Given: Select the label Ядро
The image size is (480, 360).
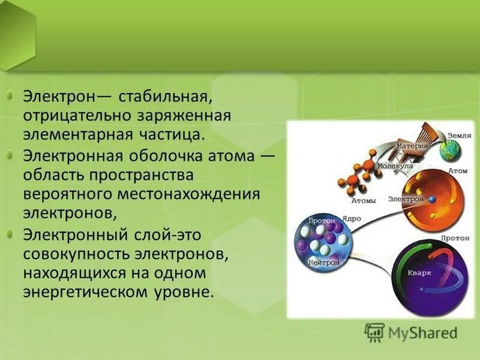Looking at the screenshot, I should coord(350,219).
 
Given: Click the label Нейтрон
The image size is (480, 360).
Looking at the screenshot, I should coord(325,263).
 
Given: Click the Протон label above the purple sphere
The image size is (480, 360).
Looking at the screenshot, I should coord(454,238).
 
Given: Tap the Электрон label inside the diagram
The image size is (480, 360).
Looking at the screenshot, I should coord(403,199).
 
